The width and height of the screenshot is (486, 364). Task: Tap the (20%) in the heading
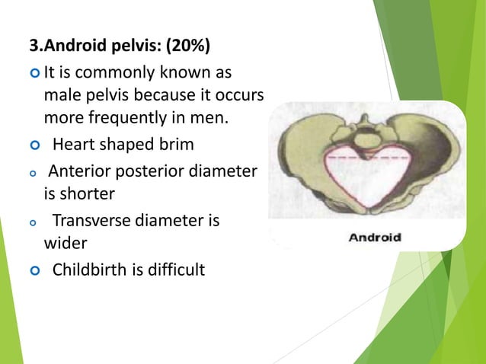pos(189,49)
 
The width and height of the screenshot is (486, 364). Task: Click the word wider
pos(66,245)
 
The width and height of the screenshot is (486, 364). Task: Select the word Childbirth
pos(90,270)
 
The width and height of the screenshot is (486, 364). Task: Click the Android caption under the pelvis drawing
pos(374,237)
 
